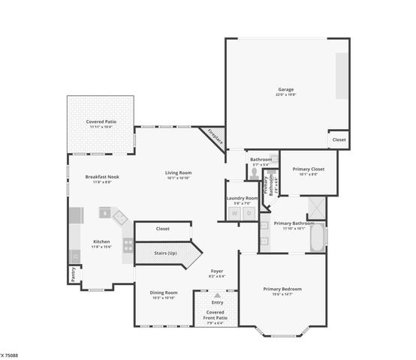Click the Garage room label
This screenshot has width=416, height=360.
tap(285, 88)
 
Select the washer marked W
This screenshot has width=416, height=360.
tap(234, 213)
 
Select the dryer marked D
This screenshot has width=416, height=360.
tap(249, 213)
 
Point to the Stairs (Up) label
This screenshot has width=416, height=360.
tap(165, 253)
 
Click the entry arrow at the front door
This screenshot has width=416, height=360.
tap(217, 295)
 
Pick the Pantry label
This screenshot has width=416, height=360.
tap(74, 275)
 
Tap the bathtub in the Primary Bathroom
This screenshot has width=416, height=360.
tap(320, 238)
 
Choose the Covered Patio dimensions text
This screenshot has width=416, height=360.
tap(101, 127)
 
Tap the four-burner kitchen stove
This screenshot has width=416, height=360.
tap(128, 244)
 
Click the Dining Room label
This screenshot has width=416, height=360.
tap(164, 292)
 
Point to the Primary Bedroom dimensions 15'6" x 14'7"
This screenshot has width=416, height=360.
tap(282, 294)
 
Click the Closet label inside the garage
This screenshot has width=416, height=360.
tap(339, 139)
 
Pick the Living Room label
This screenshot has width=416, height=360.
tap(179, 173)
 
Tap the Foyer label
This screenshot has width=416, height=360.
tap(217, 271)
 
